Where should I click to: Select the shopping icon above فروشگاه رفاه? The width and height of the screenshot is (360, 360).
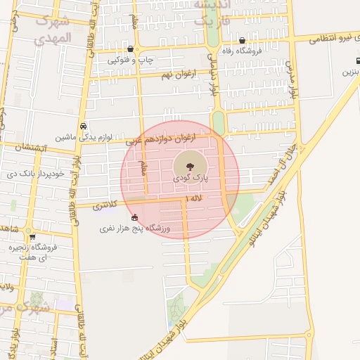[x=243, y=40]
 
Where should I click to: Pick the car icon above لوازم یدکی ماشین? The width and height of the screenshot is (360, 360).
[x=84, y=126]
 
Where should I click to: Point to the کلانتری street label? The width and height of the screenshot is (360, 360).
[x=105, y=206]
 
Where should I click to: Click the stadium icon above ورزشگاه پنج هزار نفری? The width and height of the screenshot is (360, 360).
[x=134, y=217]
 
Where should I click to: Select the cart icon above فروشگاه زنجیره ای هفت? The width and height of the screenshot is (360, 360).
[x=32, y=237]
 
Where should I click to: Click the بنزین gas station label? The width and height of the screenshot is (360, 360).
[x=350, y=72]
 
